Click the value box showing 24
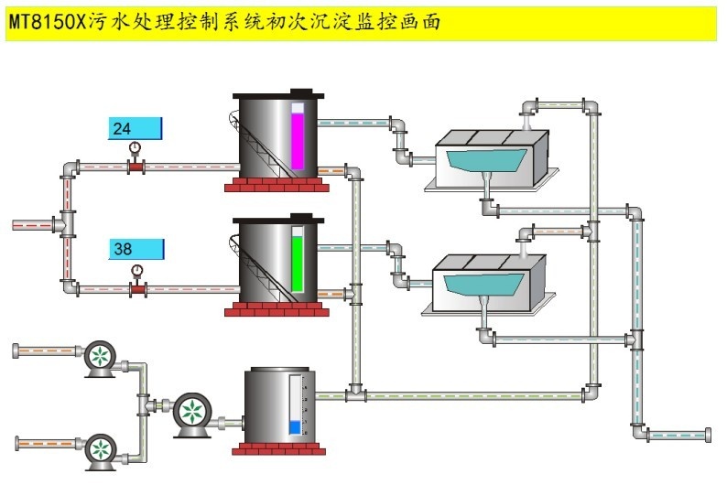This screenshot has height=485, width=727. [x=136, y=129]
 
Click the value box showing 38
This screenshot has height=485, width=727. [x=136, y=248]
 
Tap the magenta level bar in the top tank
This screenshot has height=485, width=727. [x=297, y=137]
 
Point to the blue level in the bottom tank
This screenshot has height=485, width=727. [x=294, y=426]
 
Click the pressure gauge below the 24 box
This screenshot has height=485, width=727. [x=136, y=149]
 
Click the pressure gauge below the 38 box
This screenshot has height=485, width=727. [x=137, y=271]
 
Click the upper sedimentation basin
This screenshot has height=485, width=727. [x=490, y=159]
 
